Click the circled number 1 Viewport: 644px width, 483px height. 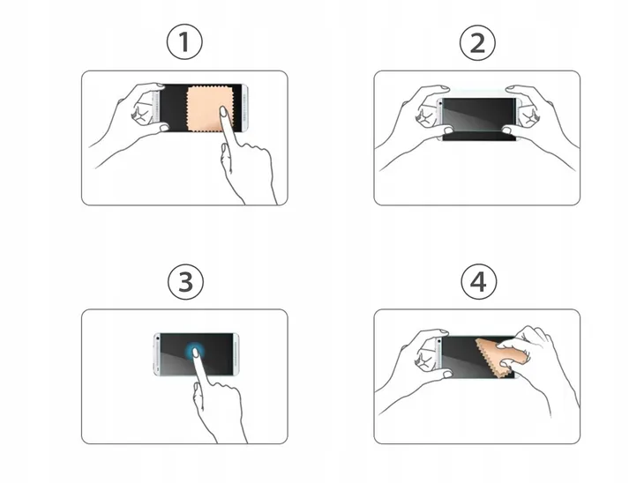pos(184,42)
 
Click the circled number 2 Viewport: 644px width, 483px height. pos(477,42)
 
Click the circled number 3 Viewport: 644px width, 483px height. pos(185,282)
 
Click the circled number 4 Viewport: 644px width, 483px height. pos(478,282)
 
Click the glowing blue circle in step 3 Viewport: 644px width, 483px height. pos(196,352)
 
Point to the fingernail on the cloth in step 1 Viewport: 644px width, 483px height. pos(224,112)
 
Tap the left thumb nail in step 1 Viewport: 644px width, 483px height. pos(164,128)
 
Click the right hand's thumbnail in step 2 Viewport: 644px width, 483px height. pos(507,130)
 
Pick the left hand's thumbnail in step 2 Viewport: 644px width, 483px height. pos(448,131)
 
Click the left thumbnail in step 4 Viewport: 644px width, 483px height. pos(447,375)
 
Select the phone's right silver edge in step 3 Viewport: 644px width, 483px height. pos(236,353)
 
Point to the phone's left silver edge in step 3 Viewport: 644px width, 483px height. pos(157,354)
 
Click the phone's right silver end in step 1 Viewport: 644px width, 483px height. pos(244,108)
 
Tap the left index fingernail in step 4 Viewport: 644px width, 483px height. pos(444,331)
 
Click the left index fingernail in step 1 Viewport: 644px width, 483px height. pos(160,85)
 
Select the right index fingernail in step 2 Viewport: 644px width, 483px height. pos(511,88)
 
